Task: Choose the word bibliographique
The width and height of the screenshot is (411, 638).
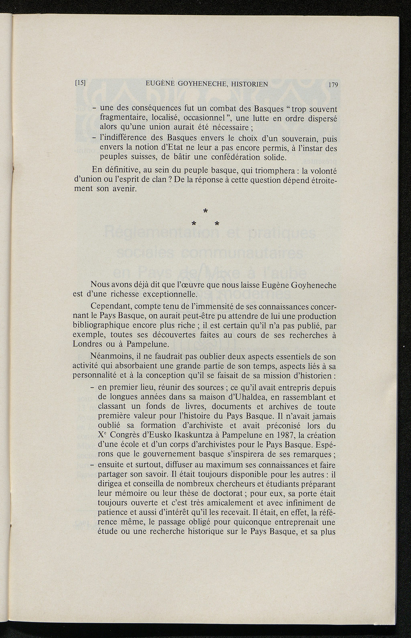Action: (x=110, y=325)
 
